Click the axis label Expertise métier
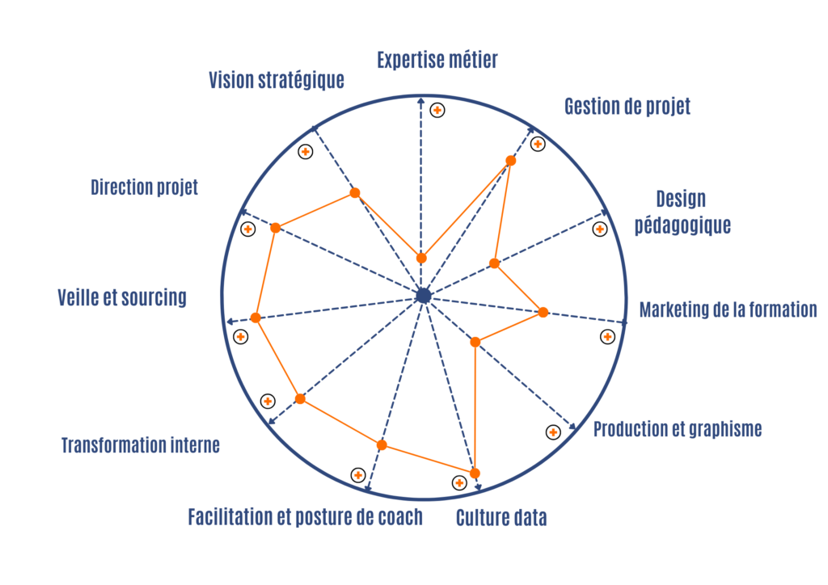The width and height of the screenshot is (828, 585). tap(437, 60)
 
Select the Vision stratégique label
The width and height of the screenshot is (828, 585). tap(277, 80)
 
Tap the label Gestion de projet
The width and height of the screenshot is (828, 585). tap(627, 106)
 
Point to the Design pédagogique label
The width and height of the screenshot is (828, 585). tap(682, 212)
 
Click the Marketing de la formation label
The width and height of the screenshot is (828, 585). tap(729, 309)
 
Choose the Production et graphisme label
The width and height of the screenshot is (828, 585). tap(678, 429)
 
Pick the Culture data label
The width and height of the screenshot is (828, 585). tap(501, 518)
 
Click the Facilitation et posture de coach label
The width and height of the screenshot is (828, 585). tap(305, 517)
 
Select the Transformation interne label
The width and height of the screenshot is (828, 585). tap(141, 445)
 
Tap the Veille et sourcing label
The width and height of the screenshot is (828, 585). tap(122, 297)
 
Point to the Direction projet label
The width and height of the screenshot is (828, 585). tap(144, 187)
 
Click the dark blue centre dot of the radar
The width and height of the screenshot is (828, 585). tap(424, 296)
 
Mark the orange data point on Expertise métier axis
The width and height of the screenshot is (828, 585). tap(421, 258)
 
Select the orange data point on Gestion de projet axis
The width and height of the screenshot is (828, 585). tap(511, 160)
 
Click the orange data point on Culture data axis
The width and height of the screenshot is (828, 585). tap(475, 473)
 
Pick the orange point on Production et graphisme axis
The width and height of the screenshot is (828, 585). tap(475, 343)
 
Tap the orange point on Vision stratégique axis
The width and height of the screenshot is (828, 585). tap(355, 193)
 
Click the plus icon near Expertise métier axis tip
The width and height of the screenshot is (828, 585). tap(437, 110)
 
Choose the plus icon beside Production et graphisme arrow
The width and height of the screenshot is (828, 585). tap(553, 432)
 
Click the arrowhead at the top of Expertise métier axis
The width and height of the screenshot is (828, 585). tap(420, 100)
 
